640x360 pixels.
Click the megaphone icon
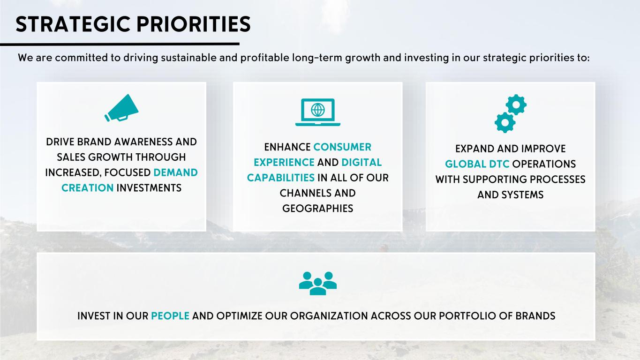pos(122,108)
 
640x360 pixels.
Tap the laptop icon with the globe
pos(318,112)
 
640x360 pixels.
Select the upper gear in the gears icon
pos(516,105)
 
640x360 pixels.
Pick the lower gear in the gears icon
pos(505,122)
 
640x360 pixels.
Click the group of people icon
pos(318,283)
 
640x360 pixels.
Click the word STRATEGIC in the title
pos(73,24)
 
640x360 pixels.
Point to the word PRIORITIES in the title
pos(194,24)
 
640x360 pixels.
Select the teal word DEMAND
pos(175,172)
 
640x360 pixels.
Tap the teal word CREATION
pos(87,188)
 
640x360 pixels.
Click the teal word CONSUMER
pos(342,147)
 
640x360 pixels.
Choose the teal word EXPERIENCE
pos(284,163)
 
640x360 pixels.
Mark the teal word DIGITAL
pos(361,163)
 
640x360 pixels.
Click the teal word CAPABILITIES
pos(280,178)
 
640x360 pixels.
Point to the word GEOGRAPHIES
pos(318,209)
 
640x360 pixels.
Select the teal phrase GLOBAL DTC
pos(477,164)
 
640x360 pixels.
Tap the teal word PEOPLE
pos(170,316)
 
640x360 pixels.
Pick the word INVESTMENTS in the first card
pos(149,188)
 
